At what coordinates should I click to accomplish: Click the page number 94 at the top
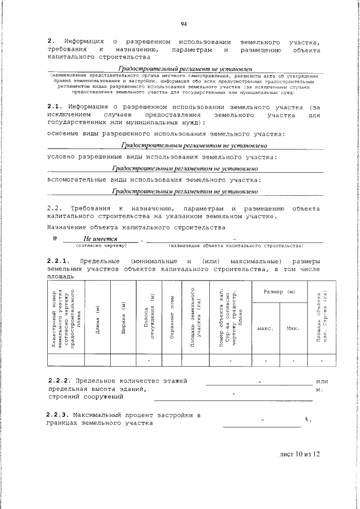(x=184, y=23)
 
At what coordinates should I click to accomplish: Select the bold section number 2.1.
(x=56, y=106)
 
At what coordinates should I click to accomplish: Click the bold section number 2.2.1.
(x=59, y=262)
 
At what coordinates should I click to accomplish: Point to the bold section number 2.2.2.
(x=59, y=381)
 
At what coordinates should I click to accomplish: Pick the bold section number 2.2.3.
(x=59, y=415)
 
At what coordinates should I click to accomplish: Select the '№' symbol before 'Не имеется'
(x=55, y=239)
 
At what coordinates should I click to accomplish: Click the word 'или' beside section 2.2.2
(x=322, y=381)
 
